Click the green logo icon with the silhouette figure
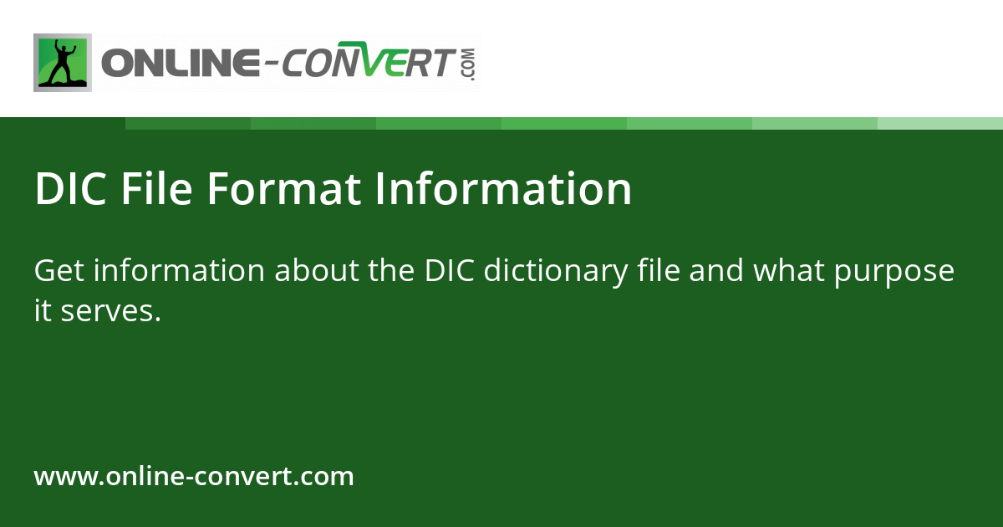coord(63,63)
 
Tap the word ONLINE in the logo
coord(180,64)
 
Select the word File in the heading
coord(156,189)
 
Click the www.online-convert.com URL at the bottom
coord(194,477)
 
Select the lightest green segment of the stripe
coord(940,124)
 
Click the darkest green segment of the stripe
coord(188,124)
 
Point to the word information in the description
coord(179,271)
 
